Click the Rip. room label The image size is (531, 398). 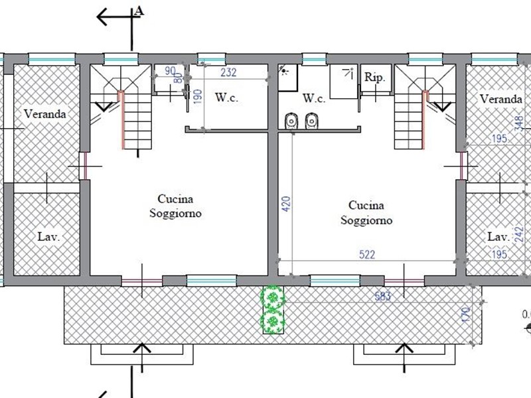[375, 78]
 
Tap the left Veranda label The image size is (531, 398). [45, 113]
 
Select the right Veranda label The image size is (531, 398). [501, 99]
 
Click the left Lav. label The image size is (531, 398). [48, 237]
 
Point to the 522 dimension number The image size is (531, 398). [367, 254]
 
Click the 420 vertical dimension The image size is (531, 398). [286, 204]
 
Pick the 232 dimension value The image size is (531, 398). [228, 72]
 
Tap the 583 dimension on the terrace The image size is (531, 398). [383, 297]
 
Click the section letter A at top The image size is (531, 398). [139, 11]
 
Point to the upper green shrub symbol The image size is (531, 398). [272, 298]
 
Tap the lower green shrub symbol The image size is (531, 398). [272, 322]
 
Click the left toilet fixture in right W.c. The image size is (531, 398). [291, 121]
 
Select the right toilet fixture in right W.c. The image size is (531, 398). [312, 121]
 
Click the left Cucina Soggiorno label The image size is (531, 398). [175, 206]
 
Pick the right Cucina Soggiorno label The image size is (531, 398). [366, 212]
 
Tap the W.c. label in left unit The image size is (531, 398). [226, 98]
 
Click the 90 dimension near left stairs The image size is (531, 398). [171, 71]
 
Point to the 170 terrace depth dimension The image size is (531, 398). [466, 314]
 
